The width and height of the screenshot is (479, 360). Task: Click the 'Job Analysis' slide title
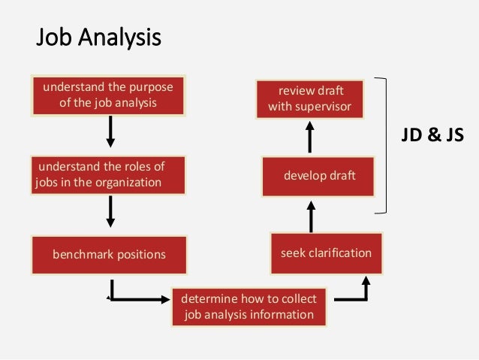(99, 37)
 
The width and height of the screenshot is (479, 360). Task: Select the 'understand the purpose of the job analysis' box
(108, 95)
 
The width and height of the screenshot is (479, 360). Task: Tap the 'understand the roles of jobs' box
(99, 174)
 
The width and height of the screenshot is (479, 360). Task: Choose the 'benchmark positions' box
(108, 254)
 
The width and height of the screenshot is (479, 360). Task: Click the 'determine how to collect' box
(249, 307)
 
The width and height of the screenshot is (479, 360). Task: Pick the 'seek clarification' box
(326, 253)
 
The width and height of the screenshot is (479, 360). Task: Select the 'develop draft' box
(319, 176)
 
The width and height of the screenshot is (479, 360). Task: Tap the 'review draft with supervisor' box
(309, 98)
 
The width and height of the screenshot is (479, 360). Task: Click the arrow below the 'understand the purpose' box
(111, 132)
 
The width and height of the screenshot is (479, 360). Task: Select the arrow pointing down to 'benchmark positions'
(111, 211)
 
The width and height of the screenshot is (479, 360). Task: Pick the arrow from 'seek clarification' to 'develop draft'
(311, 216)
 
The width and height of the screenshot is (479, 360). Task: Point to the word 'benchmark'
(81, 254)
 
